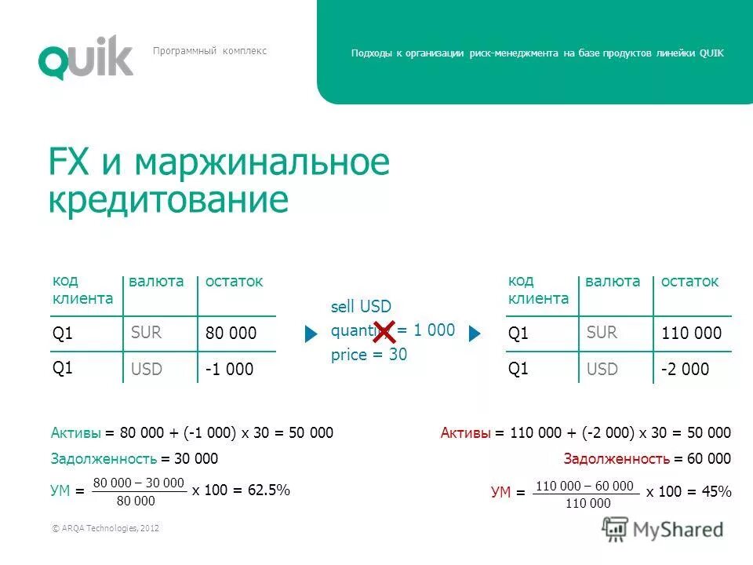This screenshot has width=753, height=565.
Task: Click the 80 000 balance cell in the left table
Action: (231, 334)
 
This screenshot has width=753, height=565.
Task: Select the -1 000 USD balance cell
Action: (229, 369)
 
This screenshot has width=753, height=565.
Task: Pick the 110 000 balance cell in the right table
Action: (691, 334)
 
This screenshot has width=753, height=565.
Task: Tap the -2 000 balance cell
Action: (685, 369)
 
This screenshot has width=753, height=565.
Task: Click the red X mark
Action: (384, 332)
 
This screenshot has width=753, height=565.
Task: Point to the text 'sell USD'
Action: (361, 307)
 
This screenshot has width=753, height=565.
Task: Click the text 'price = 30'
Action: (369, 354)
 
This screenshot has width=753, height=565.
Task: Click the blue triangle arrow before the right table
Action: (473, 334)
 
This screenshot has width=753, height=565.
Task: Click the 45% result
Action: (716, 492)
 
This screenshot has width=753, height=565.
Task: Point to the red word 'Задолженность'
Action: (613, 459)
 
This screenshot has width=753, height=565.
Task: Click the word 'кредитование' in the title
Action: (168, 200)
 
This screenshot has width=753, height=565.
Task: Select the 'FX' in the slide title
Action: (69, 163)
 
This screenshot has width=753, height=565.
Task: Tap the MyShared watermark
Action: (663, 530)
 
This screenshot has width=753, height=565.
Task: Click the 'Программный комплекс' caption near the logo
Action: (209, 51)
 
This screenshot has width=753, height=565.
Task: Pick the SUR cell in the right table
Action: (602, 333)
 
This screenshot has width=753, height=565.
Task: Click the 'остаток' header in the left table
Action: (234, 281)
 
